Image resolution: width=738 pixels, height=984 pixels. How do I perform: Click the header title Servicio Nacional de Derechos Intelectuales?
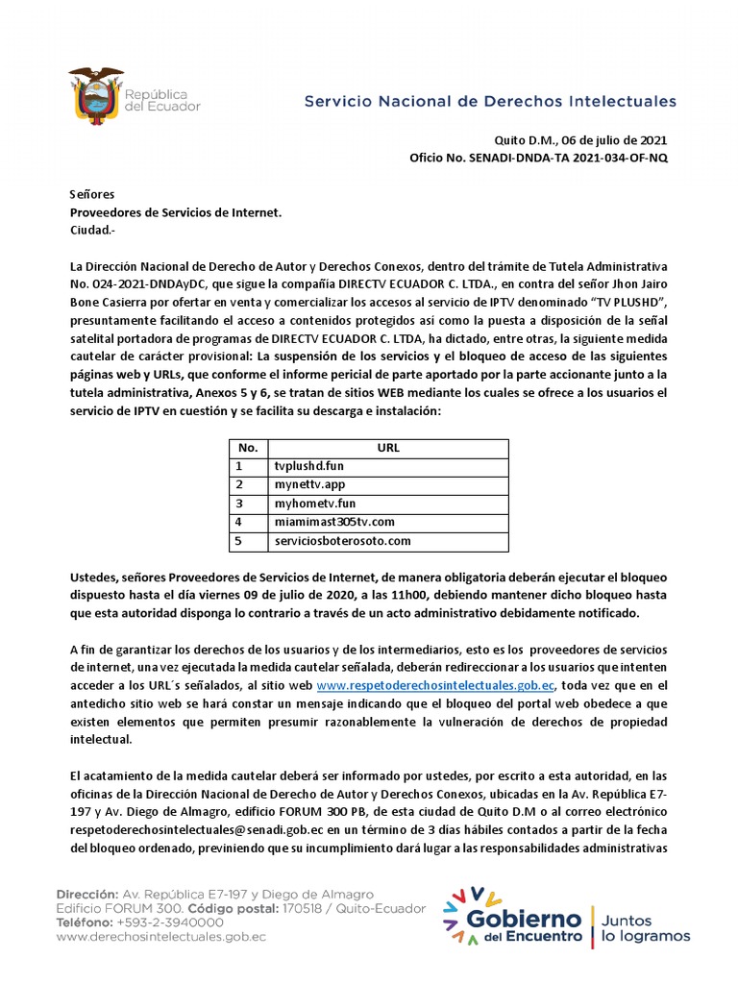coord(490,101)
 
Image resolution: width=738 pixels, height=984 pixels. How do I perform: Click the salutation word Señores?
coord(91,194)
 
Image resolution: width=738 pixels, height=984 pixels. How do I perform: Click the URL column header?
coord(388,448)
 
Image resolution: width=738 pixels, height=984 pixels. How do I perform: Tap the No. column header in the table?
coord(248,448)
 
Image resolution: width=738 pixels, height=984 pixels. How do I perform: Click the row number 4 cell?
coord(248,522)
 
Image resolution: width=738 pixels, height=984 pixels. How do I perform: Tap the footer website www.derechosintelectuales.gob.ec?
coord(160,935)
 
